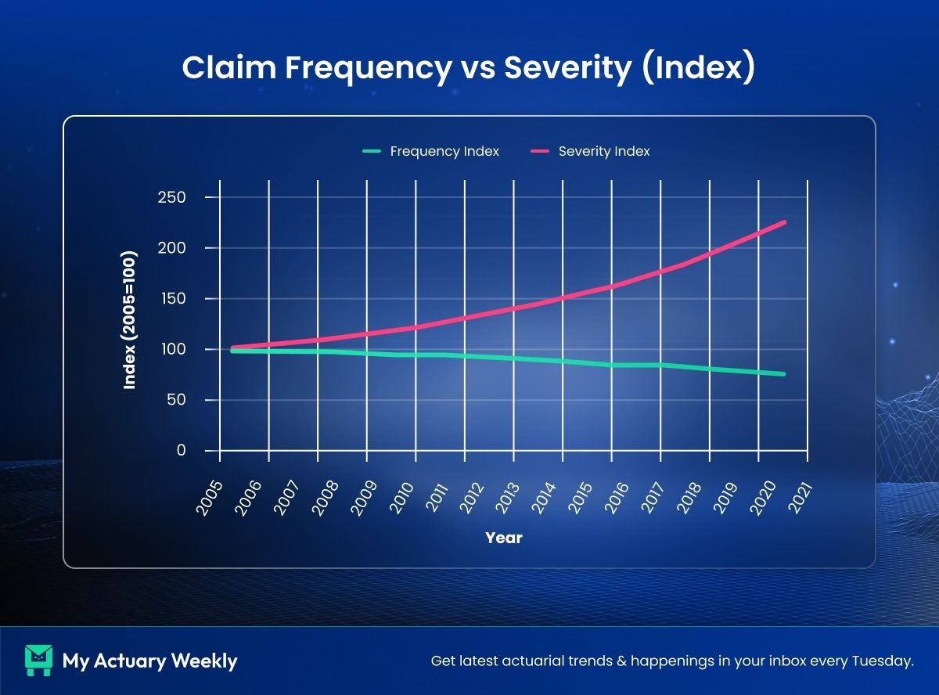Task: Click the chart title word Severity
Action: (567, 67)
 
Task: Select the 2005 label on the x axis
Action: (209, 498)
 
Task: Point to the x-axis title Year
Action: (504, 538)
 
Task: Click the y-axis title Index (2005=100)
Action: (130, 319)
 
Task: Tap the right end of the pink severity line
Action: (784, 222)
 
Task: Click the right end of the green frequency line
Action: (784, 374)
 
